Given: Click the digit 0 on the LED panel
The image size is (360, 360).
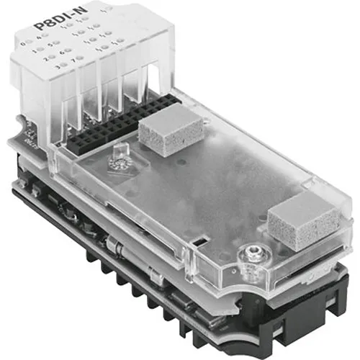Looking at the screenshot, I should (22, 44).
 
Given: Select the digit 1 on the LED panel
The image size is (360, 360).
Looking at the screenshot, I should (34, 52).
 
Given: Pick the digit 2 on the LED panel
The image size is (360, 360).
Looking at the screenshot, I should (45, 60).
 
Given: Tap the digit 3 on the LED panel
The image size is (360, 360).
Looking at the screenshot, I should (58, 68).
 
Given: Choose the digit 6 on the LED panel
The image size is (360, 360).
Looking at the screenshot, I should (61, 53).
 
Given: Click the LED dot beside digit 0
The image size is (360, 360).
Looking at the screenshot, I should (29, 42).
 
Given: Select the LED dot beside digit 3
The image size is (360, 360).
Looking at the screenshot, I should (64, 65).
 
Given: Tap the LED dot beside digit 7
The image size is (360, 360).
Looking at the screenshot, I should (80, 58).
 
